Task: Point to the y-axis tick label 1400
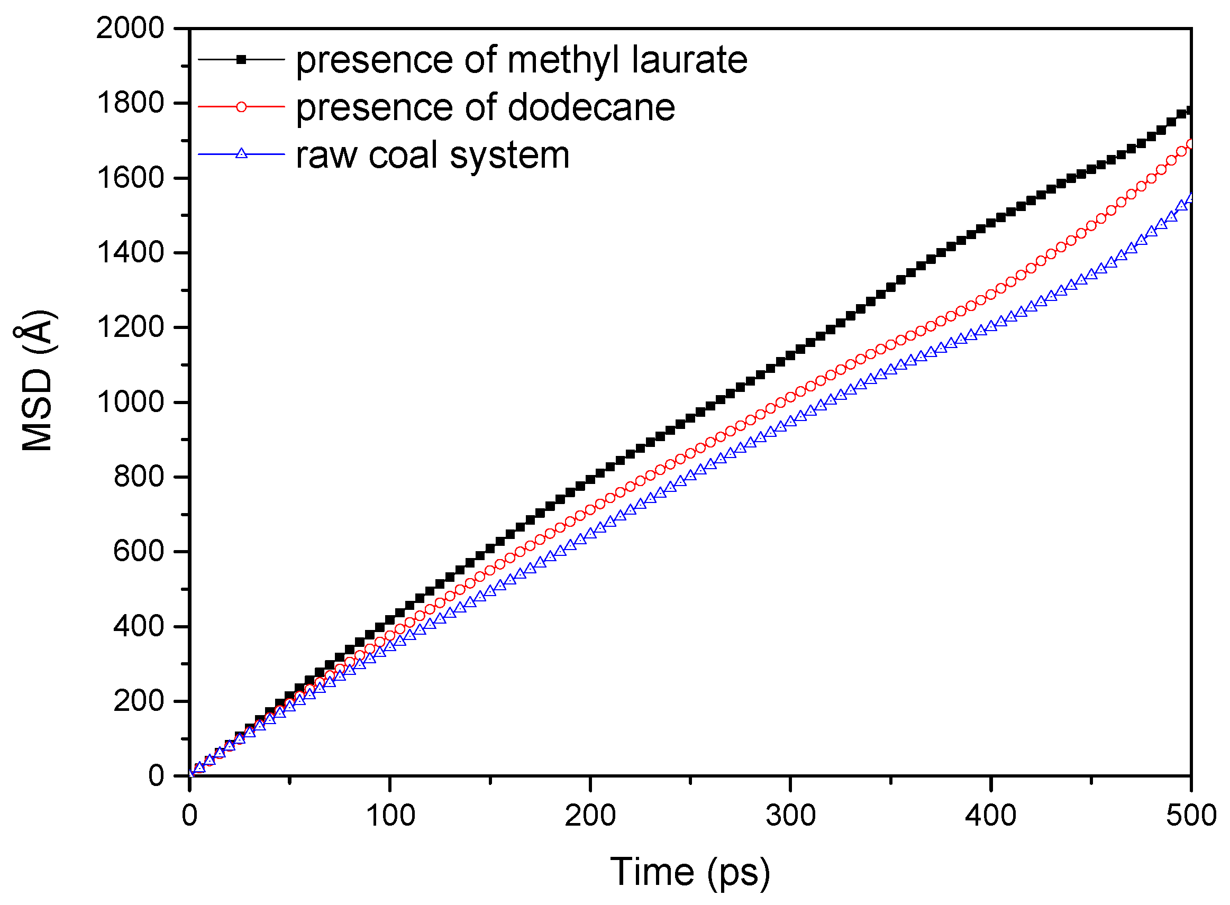point(130,252)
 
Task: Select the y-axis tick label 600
point(138,551)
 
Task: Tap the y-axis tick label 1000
point(130,402)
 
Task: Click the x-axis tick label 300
point(790,816)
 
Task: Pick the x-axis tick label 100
point(389,816)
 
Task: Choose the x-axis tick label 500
point(1190,816)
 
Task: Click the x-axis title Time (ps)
point(690,872)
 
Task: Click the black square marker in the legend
point(241,59)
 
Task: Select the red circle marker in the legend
point(241,107)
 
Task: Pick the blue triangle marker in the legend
point(241,154)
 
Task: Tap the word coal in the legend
point(404,155)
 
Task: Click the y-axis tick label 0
point(156,776)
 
